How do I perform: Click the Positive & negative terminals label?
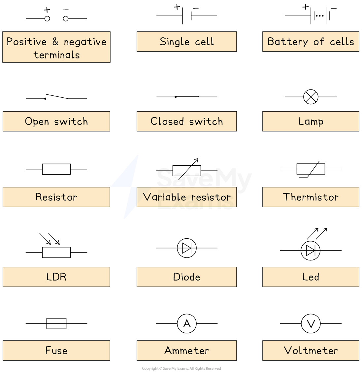(x=56, y=47)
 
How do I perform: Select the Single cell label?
(x=187, y=42)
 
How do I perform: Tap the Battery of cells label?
(x=311, y=42)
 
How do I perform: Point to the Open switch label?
(x=56, y=121)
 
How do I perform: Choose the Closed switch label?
(x=187, y=121)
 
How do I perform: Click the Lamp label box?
(x=311, y=121)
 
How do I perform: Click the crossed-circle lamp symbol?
(x=311, y=97)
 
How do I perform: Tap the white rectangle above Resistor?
(x=56, y=169)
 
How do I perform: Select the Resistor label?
(x=56, y=197)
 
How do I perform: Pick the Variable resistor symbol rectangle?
(x=187, y=171)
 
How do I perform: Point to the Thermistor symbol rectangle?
(x=311, y=169)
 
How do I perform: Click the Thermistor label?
(x=311, y=197)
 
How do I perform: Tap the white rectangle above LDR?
(x=56, y=252)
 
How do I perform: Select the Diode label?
(x=187, y=277)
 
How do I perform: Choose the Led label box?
(x=311, y=277)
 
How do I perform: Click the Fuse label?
(x=56, y=350)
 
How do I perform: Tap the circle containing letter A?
(x=187, y=323)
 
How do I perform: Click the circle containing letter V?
(x=311, y=324)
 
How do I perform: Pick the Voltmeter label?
(x=311, y=350)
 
